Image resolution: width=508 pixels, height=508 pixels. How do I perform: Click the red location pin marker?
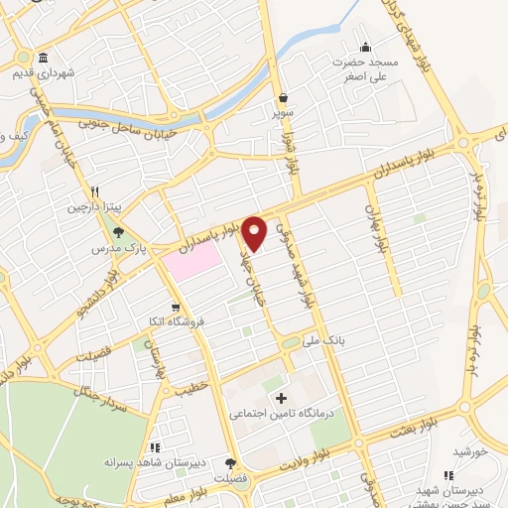click(x=256, y=231)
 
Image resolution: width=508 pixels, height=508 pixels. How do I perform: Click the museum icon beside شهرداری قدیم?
click(x=43, y=57)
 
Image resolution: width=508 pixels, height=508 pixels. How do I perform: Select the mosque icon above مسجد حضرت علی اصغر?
click(x=365, y=47)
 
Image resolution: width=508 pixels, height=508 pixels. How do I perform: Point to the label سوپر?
click(x=285, y=114)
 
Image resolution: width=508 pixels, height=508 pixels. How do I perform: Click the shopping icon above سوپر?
click(x=285, y=98)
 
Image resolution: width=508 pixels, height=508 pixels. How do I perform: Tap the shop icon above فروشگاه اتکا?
click(x=176, y=307)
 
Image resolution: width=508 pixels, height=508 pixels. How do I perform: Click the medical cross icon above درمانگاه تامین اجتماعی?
click(x=282, y=399)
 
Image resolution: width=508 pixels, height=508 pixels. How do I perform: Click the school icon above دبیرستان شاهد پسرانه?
click(x=154, y=447)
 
